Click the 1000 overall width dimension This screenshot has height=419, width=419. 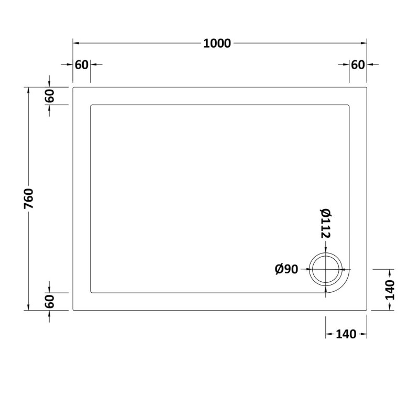217,43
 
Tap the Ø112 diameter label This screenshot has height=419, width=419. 325,224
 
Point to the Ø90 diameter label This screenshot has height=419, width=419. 286,269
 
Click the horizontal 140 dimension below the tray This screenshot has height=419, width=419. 346,334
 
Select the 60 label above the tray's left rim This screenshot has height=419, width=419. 82,65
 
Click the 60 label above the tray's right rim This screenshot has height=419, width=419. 358,65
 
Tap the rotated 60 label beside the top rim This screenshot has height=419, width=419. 49,96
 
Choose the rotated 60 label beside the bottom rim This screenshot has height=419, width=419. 49,302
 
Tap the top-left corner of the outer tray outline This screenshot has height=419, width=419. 73,87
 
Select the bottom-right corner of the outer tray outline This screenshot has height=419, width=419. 367,311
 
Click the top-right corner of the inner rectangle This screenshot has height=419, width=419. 349,105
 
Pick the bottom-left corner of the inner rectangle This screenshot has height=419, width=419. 91,292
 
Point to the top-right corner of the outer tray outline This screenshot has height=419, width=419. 367,87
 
